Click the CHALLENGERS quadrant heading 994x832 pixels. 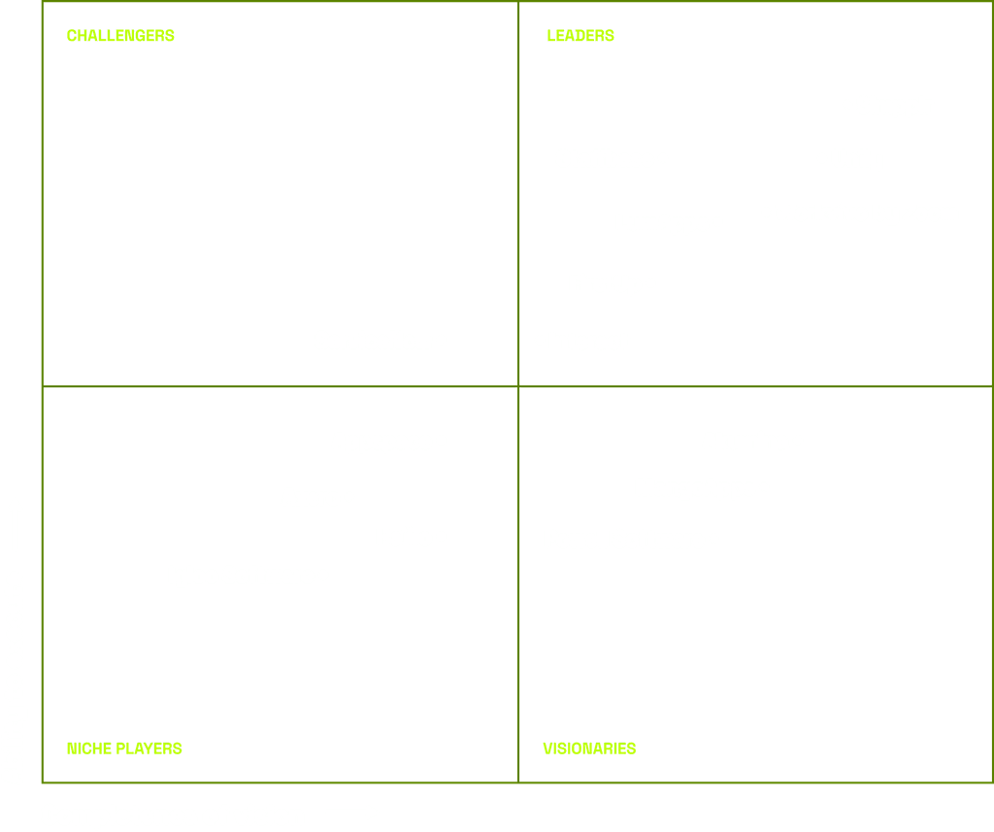(120, 36)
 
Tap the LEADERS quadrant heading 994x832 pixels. (580, 36)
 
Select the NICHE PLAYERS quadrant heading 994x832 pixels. (124, 749)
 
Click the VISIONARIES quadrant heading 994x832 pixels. (589, 749)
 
